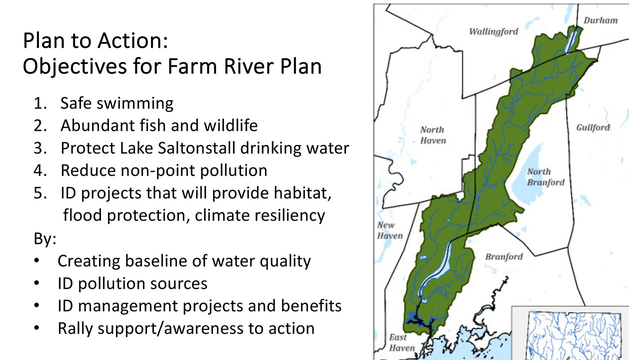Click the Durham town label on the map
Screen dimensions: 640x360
tap(600, 20)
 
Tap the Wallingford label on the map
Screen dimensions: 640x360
tap(493, 31)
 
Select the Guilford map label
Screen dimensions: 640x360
tap(593, 127)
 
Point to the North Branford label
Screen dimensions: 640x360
tap(545, 177)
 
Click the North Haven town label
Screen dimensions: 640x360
tap(433, 135)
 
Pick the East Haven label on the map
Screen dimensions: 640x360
tap(401, 342)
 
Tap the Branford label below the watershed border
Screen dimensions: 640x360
tap(504, 256)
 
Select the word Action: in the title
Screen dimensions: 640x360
tap(132, 40)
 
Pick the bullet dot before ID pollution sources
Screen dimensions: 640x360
tap(36, 283)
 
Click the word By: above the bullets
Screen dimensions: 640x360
tap(45, 239)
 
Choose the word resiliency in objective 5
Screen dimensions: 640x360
tap(289, 215)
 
